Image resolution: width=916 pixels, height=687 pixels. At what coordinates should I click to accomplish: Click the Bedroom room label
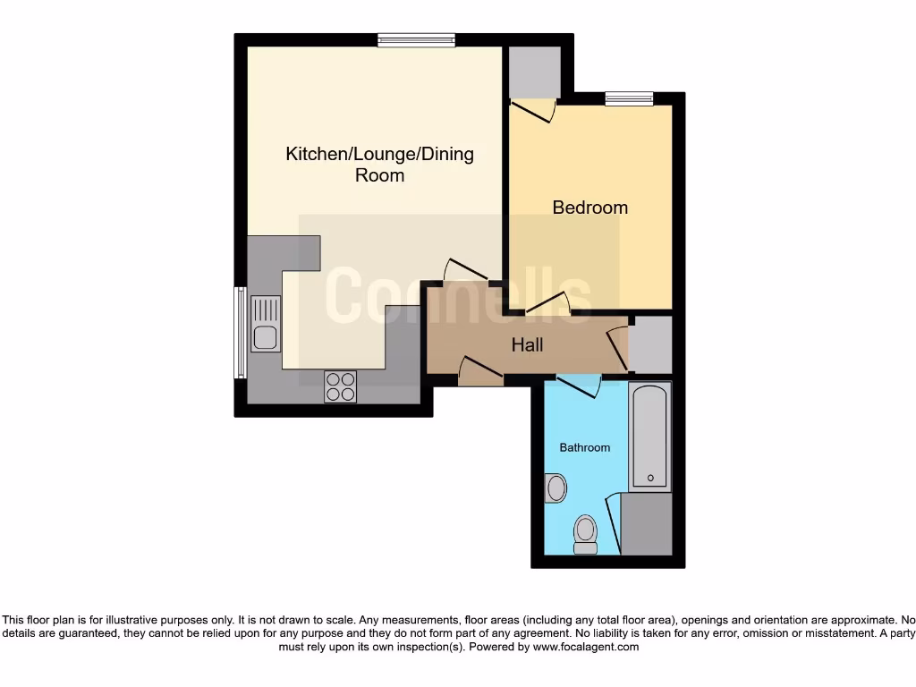click(x=589, y=208)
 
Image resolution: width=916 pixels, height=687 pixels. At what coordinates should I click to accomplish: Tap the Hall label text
click(x=527, y=343)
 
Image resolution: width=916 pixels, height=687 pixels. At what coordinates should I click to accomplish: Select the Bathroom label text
click(x=585, y=447)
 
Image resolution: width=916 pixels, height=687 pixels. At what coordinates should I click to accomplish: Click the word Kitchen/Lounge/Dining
click(x=379, y=154)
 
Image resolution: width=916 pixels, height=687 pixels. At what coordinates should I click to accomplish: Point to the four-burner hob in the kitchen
click(x=340, y=386)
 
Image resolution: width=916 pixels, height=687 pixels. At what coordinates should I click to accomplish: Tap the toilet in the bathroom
click(x=586, y=534)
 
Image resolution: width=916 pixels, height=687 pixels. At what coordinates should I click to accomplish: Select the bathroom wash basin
click(x=556, y=488)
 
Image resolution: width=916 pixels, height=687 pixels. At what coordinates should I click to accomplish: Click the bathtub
click(x=649, y=437)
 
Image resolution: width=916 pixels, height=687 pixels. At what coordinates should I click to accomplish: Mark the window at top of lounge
click(x=416, y=39)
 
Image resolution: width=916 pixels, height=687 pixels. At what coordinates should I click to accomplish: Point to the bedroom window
click(x=629, y=98)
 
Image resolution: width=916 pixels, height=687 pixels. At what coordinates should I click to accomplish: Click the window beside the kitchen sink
click(x=240, y=332)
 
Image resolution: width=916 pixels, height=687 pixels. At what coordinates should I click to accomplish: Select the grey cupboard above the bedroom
click(x=534, y=72)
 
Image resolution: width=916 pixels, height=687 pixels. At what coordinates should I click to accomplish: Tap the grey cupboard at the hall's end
click(x=650, y=344)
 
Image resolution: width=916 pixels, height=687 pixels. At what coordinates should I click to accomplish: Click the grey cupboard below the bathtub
click(x=646, y=523)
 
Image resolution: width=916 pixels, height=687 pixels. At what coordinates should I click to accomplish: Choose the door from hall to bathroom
click(x=577, y=386)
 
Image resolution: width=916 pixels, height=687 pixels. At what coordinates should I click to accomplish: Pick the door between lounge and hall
click(x=467, y=271)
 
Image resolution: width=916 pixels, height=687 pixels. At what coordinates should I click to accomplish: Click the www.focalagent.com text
click(x=586, y=647)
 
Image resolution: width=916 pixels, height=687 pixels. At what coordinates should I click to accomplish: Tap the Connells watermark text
click(x=457, y=295)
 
